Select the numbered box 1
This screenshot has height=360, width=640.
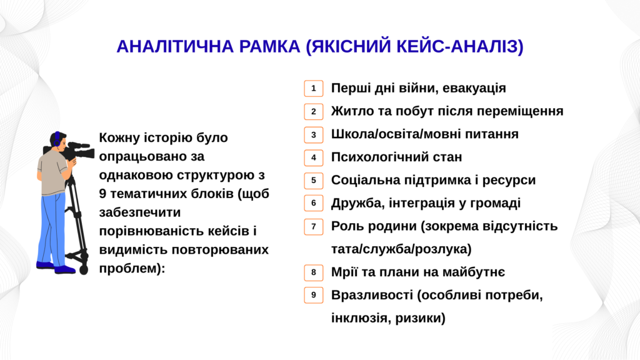pyautogui.click(x=314, y=89)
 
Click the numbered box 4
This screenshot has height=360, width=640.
pyautogui.click(x=314, y=157)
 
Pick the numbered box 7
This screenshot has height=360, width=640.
pyautogui.click(x=314, y=226)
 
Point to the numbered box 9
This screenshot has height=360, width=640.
pyautogui.click(x=314, y=295)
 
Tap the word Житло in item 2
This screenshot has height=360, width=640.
pyautogui.click(x=352, y=111)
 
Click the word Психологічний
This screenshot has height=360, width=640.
pyautogui.click(x=377, y=157)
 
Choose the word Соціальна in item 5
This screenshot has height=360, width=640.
pyautogui.click(x=365, y=180)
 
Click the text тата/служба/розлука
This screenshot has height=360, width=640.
pyautogui.click(x=401, y=249)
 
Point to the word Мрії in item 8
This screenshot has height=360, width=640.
pyautogui.click(x=343, y=272)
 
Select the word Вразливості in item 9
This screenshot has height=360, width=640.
pyautogui.click(x=372, y=295)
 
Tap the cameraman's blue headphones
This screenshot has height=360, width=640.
pyautogui.click(x=57, y=139)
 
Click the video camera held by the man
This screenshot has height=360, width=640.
pyautogui.click(x=77, y=151)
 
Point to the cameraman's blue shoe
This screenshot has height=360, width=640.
pyautogui.click(x=65, y=269)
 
